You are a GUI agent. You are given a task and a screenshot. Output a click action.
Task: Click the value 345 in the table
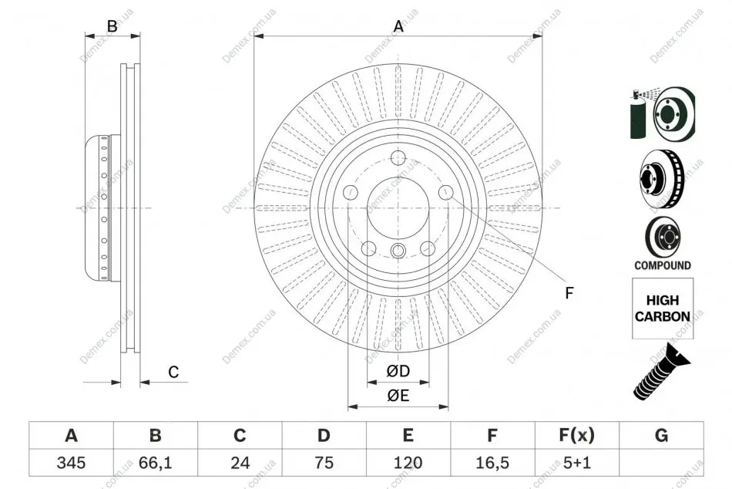coord(71,462)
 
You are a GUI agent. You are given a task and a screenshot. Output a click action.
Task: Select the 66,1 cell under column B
coord(156,462)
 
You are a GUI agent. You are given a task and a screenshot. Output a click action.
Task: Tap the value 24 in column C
coord(240,462)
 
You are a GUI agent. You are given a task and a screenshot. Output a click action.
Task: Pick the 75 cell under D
coord(324,462)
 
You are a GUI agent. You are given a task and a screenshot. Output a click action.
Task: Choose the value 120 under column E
coord(408,462)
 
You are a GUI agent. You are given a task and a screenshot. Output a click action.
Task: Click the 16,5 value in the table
coord(492,462)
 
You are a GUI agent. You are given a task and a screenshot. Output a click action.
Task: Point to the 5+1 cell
coord(577,462)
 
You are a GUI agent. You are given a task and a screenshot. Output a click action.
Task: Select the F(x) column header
coord(577,435)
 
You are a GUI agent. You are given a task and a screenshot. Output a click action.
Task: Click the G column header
coord(661,435)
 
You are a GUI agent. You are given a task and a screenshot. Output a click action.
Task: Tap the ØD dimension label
coord(398,371)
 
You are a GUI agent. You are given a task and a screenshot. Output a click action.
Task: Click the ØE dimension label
coord(398,396)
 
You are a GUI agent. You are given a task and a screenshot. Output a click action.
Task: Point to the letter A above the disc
coord(398,26)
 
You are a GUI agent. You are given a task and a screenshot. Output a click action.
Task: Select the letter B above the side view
coord(112,26)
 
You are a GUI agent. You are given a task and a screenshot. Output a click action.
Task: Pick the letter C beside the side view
coord(173,372)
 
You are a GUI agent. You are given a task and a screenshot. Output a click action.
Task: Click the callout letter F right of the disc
coord(569,293)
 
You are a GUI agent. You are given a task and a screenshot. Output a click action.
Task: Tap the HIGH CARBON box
coord(663,309)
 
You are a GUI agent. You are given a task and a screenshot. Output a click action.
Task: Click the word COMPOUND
coord(663,265)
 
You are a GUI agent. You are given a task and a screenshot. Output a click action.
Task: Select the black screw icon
coord(662,372)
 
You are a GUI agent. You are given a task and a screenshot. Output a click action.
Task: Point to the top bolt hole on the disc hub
coord(398,158)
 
